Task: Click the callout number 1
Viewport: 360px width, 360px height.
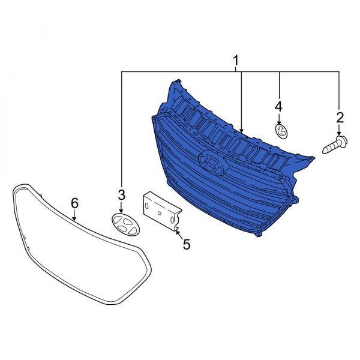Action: coord(236,61)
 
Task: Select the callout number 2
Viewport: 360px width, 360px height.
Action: coord(340,117)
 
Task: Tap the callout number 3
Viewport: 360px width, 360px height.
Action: coord(121,195)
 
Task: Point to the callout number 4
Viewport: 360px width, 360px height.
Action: coord(278,107)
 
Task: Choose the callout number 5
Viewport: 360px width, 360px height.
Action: coord(187,244)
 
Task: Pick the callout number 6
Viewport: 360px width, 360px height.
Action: coord(74,203)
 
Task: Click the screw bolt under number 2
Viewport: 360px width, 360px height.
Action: coord(335,145)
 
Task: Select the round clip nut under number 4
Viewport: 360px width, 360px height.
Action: coord(281,131)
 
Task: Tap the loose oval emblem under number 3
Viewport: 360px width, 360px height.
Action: coord(126,224)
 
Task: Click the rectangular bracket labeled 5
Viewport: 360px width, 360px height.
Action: coord(163,210)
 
